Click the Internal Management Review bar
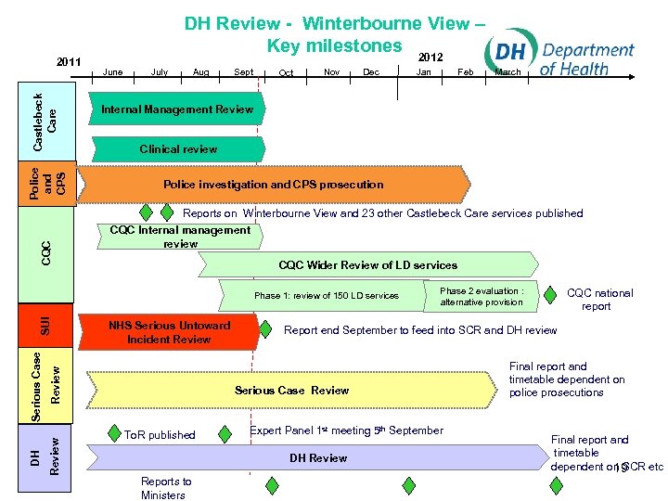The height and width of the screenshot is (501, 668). pos(176,109)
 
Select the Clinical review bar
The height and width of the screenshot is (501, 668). pos(178,148)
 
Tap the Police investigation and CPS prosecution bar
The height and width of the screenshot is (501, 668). pos(273,185)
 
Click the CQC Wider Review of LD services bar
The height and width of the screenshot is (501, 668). pos(367,265)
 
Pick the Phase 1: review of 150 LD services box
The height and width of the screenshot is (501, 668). pos(327,296)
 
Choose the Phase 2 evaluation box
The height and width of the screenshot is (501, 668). pos(482,296)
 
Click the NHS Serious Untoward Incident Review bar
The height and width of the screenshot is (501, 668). pos(169,332)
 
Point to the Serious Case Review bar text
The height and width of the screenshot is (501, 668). pos(291,390)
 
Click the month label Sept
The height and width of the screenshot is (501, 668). pos(244,71)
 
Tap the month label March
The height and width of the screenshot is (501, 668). pos(507,71)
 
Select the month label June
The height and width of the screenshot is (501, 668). pos(113,71)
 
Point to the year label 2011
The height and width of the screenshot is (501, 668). pos(70,62)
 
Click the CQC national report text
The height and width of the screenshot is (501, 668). pos(599,300)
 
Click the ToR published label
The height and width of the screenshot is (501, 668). pos(160,434)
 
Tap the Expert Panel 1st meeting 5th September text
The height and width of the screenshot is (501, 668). pos(347,430)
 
